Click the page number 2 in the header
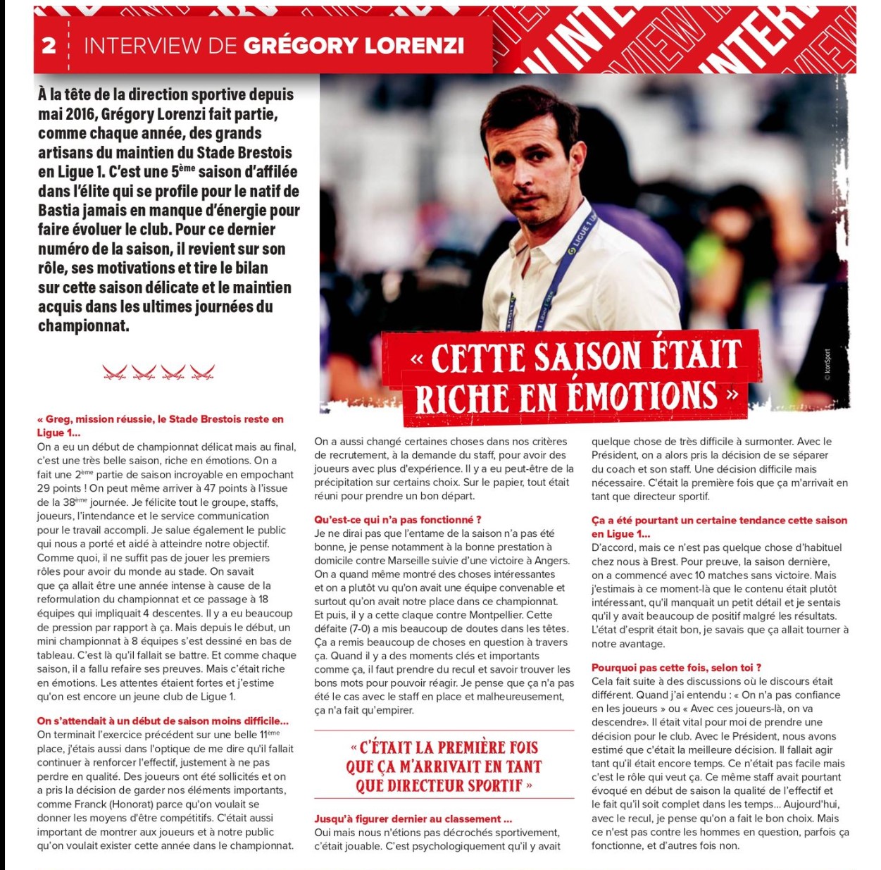49,46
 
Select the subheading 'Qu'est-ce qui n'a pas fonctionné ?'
397,520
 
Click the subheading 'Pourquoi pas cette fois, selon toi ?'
676,667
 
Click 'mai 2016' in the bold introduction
67,114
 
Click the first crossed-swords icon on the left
115,372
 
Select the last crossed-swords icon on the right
202,372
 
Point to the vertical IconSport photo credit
827,364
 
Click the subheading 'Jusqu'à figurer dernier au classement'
413,819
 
